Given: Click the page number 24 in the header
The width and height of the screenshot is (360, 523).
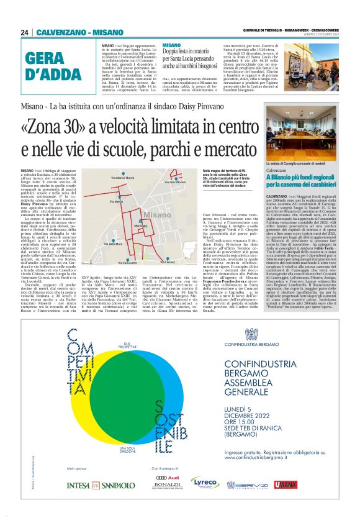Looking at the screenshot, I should tap(25, 32).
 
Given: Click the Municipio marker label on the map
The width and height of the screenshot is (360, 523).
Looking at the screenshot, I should tap(141, 225).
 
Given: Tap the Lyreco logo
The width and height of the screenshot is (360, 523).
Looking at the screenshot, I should tap(204, 483).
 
